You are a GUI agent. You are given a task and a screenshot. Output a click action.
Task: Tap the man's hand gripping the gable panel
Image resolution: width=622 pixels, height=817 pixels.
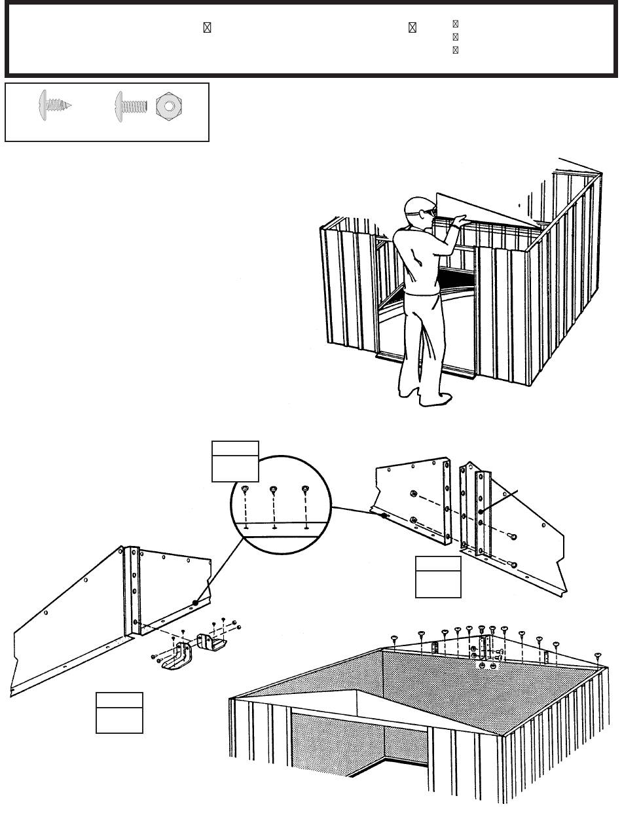(461, 221)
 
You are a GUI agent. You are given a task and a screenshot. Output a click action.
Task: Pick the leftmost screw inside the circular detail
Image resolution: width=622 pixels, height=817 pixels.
(244, 489)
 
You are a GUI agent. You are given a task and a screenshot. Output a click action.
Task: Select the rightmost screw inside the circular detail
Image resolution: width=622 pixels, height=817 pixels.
(304, 489)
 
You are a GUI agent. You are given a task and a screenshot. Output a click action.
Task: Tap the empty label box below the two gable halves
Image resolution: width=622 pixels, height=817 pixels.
(438, 577)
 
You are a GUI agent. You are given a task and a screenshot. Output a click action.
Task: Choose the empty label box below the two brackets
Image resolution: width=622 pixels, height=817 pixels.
(119, 712)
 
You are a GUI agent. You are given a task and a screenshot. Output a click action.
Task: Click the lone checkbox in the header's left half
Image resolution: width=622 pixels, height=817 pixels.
(206, 27)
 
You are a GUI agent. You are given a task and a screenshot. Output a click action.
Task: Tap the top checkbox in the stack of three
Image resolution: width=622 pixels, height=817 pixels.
(455, 24)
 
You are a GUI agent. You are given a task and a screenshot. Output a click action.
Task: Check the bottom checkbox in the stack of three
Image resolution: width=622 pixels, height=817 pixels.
(455, 50)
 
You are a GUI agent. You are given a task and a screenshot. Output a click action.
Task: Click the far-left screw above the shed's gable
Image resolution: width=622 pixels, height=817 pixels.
(395, 638)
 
